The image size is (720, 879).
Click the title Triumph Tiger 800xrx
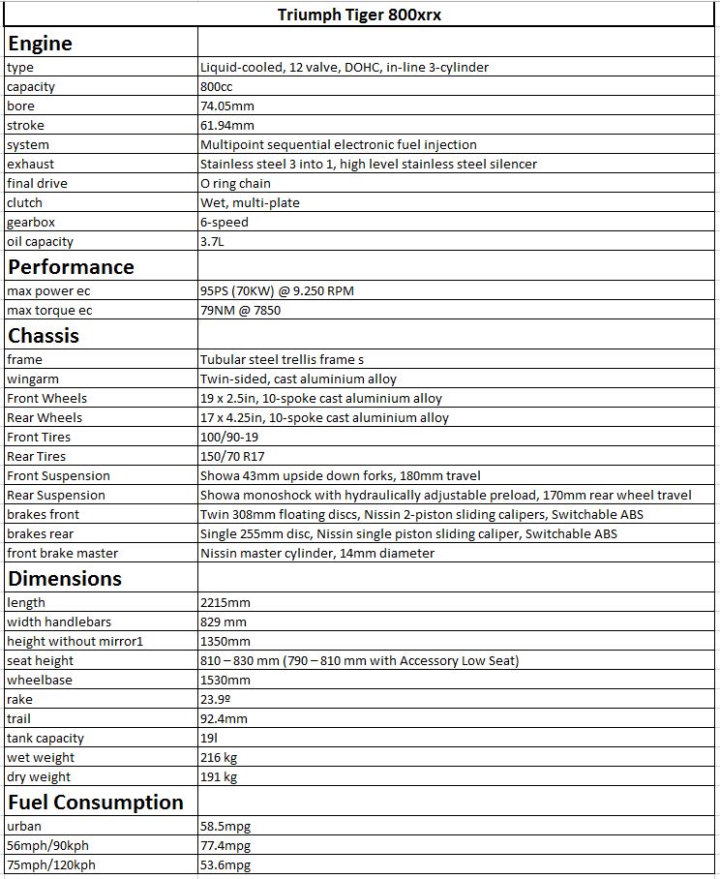(x=360, y=15)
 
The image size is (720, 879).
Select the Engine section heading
(x=40, y=44)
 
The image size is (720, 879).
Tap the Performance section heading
(x=71, y=266)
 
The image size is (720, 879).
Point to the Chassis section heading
(x=44, y=336)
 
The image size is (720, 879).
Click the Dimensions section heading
(x=65, y=578)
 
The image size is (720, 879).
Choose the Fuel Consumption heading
(x=95, y=802)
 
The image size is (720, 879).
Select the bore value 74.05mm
(x=227, y=106)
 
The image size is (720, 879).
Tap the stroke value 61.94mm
(x=227, y=126)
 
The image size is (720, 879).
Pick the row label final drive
(x=37, y=184)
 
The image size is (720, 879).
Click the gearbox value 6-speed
(x=224, y=223)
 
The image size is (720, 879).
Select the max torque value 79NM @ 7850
(x=247, y=311)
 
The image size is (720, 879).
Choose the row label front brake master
(x=62, y=554)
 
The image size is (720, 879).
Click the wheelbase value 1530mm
(x=225, y=681)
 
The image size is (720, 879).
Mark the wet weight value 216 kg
(x=219, y=758)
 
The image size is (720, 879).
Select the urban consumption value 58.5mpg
(x=225, y=827)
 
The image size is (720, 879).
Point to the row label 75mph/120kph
(x=46, y=865)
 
